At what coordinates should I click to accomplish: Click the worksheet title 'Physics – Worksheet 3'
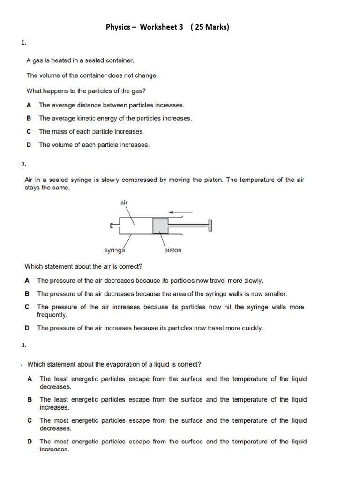(x=144, y=27)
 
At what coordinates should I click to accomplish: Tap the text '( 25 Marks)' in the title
(x=210, y=27)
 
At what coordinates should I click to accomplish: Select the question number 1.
(x=23, y=43)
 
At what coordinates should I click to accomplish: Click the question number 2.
(x=23, y=164)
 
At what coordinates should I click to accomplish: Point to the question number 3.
(x=23, y=345)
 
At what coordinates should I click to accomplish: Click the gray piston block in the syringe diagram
(x=160, y=226)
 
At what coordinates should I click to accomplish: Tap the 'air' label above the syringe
(x=124, y=202)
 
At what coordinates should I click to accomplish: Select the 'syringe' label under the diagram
(x=114, y=250)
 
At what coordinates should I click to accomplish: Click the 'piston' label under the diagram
(x=172, y=250)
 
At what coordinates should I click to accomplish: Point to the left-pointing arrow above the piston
(x=180, y=212)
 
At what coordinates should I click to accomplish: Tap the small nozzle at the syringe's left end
(x=112, y=226)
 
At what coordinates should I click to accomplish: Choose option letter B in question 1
(x=29, y=119)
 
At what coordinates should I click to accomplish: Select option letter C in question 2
(x=27, y=307)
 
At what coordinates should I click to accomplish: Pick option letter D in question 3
(x=30, y=442)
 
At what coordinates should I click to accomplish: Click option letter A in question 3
(x=30, y=379)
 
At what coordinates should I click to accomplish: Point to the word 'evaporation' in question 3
(x=108, y=364)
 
